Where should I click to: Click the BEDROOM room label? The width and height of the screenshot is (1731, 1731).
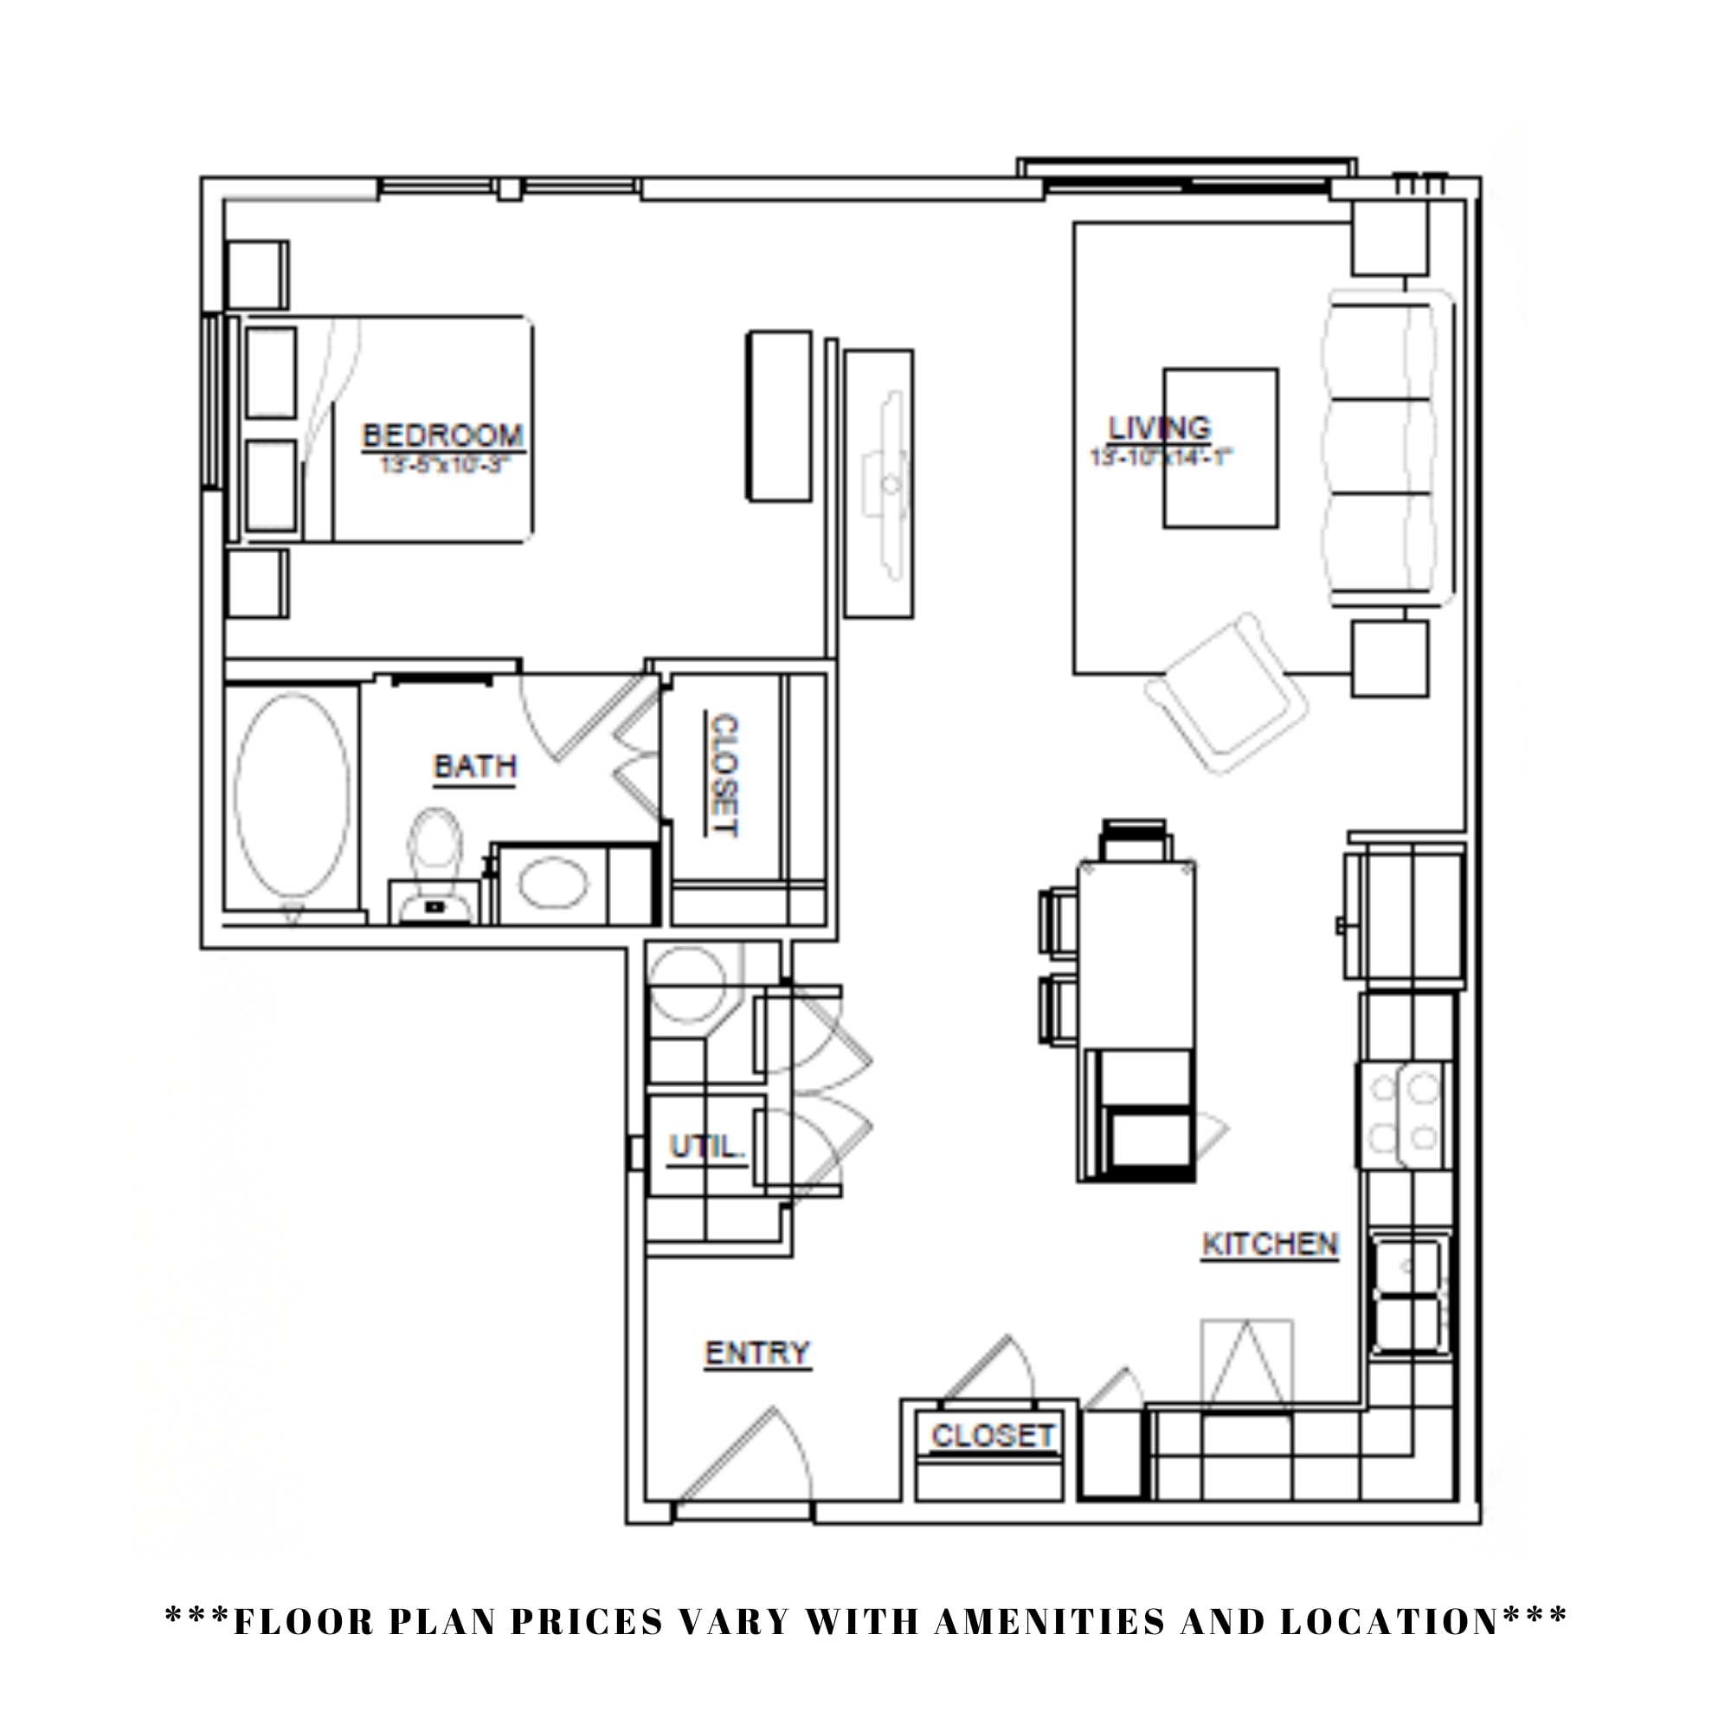pyautogui.click(x=442, y=436)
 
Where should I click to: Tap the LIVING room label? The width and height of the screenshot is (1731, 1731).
pyautogui.click(x=1160, y=428)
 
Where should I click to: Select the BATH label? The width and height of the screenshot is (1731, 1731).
pyautogui.click(x=475, y=767)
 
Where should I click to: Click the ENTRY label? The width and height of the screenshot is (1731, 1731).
pyautogui.click(x=757, y=1353)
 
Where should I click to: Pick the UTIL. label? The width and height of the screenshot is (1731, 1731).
pyautogui.click(x=707, y=1147)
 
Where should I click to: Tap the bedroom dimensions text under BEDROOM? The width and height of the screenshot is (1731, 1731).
pyautogui.click(x=443, y=465)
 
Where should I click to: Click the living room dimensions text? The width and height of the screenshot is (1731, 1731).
pyautogui.click(x=1161, y=457)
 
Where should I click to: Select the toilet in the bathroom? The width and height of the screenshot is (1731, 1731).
pyautogui.click(x=435, y=860)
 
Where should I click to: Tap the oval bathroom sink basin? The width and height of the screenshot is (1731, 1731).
pyautogui.click(x=554, y=883)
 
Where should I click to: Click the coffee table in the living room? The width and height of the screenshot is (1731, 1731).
pyautogui.click(x=1220, y=448)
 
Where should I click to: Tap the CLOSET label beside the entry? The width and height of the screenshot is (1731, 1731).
pyautogui.click(x=993, y=1436)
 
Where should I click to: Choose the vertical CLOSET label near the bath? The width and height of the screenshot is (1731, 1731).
pyautogui.click(x=723, y=775)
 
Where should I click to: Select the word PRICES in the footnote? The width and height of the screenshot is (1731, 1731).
pyautogui.click(x=587, y=1622)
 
